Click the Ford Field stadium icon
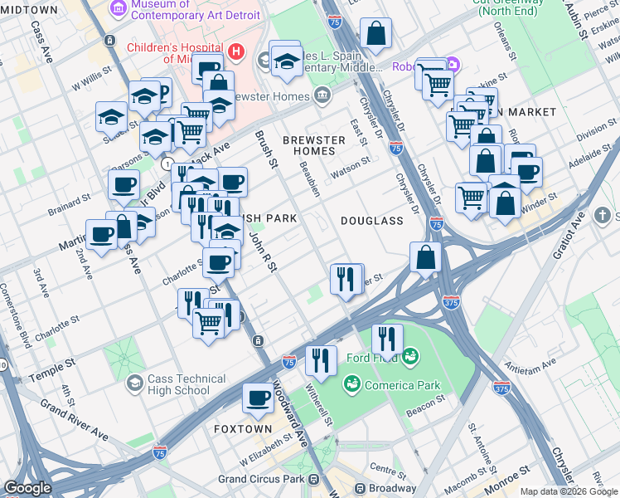[x=409, y=359]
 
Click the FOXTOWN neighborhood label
[x=243, y=429]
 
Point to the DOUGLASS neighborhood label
[x=371, y=221]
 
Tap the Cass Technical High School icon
[x=134, y=384]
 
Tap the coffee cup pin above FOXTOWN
[x=258, y=398]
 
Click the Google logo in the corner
[x=27, y=487]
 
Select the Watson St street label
[x=350, y=164]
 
